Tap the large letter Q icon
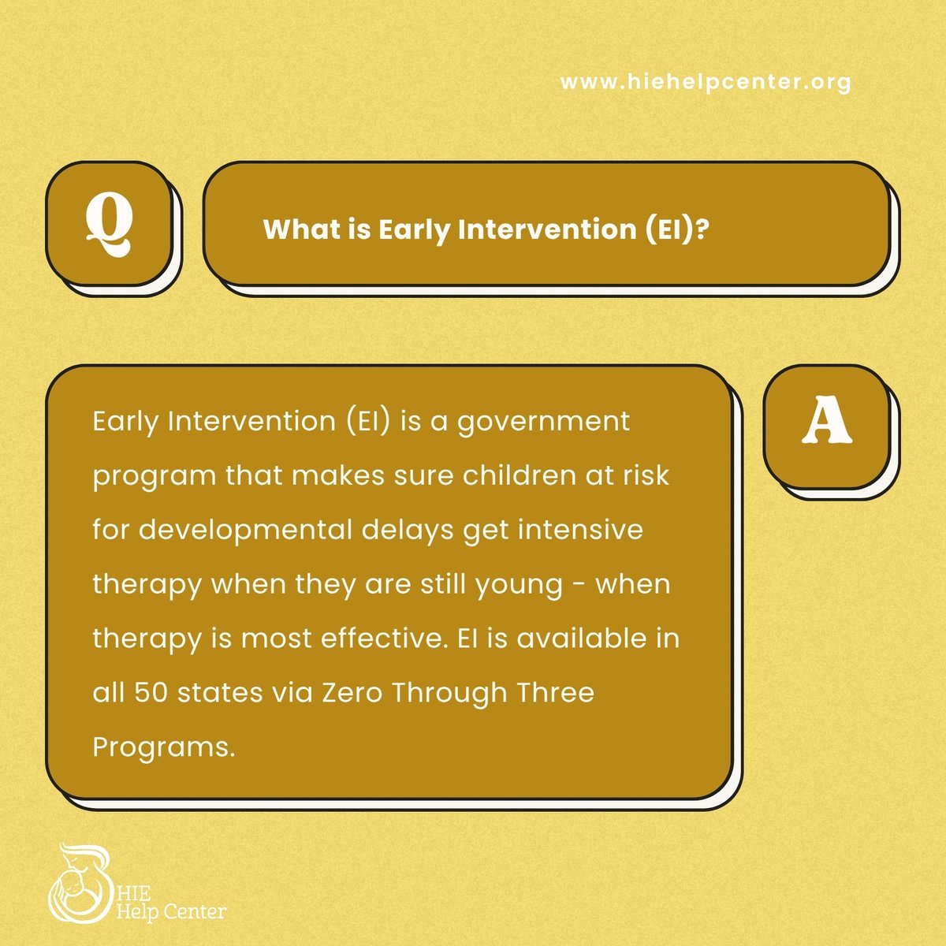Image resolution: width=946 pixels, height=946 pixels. coord(109,222)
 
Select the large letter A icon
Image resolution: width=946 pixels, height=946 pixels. coord(827,425)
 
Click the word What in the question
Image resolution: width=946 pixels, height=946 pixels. coord(293,229)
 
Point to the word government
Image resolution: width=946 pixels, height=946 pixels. coord(543,423)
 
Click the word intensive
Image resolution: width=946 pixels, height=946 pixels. coord(580,530)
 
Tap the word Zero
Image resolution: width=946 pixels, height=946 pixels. coord(352,693)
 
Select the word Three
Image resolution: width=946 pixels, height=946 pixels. coord(555,693)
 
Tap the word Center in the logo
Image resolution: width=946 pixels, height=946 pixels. coord(197,913)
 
